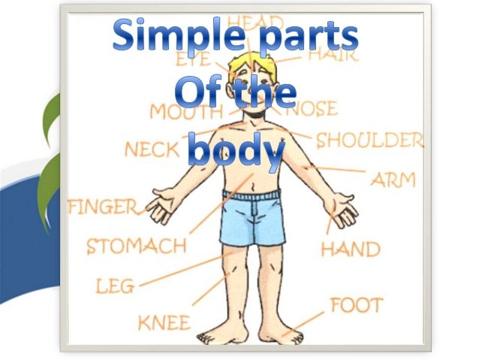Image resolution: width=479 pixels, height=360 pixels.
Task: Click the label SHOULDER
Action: [x=369, y=141]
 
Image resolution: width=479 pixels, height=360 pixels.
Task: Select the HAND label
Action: [x=350, y=249]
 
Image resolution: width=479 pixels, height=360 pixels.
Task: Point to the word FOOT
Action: [x=356, y=306]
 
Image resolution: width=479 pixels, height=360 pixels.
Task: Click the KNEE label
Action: [x=164, y=323]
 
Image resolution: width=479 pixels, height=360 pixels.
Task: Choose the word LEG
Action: [x=115, y=286]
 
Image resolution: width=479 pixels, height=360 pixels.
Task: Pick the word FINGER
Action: [x=103, y=207]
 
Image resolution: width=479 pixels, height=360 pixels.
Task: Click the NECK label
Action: [x=151, y=149]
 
